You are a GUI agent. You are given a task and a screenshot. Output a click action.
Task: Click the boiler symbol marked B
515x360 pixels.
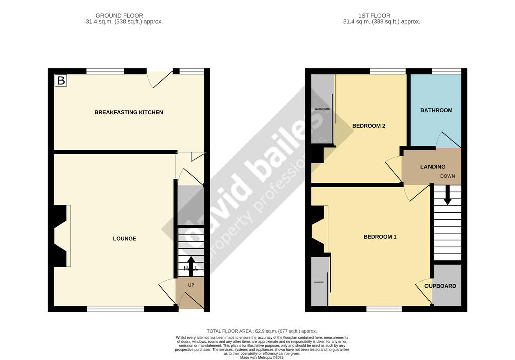[x=61, y=81]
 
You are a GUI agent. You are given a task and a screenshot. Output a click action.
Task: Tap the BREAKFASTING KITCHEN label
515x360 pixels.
[x=129, y=112]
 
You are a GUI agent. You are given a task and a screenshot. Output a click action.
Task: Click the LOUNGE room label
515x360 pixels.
[x=124, y=238]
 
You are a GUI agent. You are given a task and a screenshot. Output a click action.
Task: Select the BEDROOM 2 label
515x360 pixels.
[x=369, y=126]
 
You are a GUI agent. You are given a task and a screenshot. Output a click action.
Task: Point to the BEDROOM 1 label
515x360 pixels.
[x=380, y=236]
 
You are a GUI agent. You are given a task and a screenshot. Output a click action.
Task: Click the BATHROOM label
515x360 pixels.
[x=436, y=110]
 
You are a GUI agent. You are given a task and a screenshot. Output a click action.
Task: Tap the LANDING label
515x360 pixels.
[x=433, y=167]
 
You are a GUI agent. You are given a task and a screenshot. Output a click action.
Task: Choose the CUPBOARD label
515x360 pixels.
[x=440, y=286]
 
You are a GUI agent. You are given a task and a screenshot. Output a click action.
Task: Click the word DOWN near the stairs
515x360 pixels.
[x=447, y=176]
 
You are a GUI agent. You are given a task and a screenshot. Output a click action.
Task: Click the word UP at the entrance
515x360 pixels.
[x=191, y=285]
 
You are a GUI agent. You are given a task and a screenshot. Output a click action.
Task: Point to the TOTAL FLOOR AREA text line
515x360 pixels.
[x=262, y=331]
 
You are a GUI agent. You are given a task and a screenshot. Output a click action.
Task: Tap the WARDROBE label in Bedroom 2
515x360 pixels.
[x=321, y=109]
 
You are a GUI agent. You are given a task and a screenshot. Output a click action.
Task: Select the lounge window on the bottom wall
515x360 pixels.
[x=115, y=309]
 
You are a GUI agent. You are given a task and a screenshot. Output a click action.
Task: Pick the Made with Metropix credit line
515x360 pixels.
[x=262, y=357]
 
